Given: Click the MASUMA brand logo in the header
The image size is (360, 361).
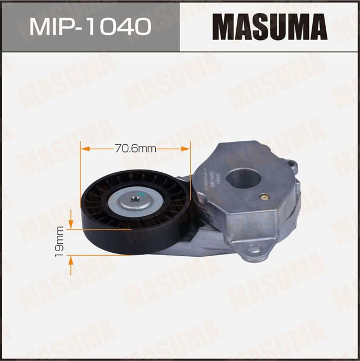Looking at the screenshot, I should [x=270, y=26].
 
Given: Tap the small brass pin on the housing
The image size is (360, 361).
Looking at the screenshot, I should [x=263, y=198].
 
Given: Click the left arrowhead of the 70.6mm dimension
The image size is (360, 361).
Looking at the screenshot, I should [x=84, y=149].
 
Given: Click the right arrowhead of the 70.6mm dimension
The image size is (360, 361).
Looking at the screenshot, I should [x=187, y=149].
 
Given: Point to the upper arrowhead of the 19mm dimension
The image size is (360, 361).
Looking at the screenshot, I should [x=70, y=224].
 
